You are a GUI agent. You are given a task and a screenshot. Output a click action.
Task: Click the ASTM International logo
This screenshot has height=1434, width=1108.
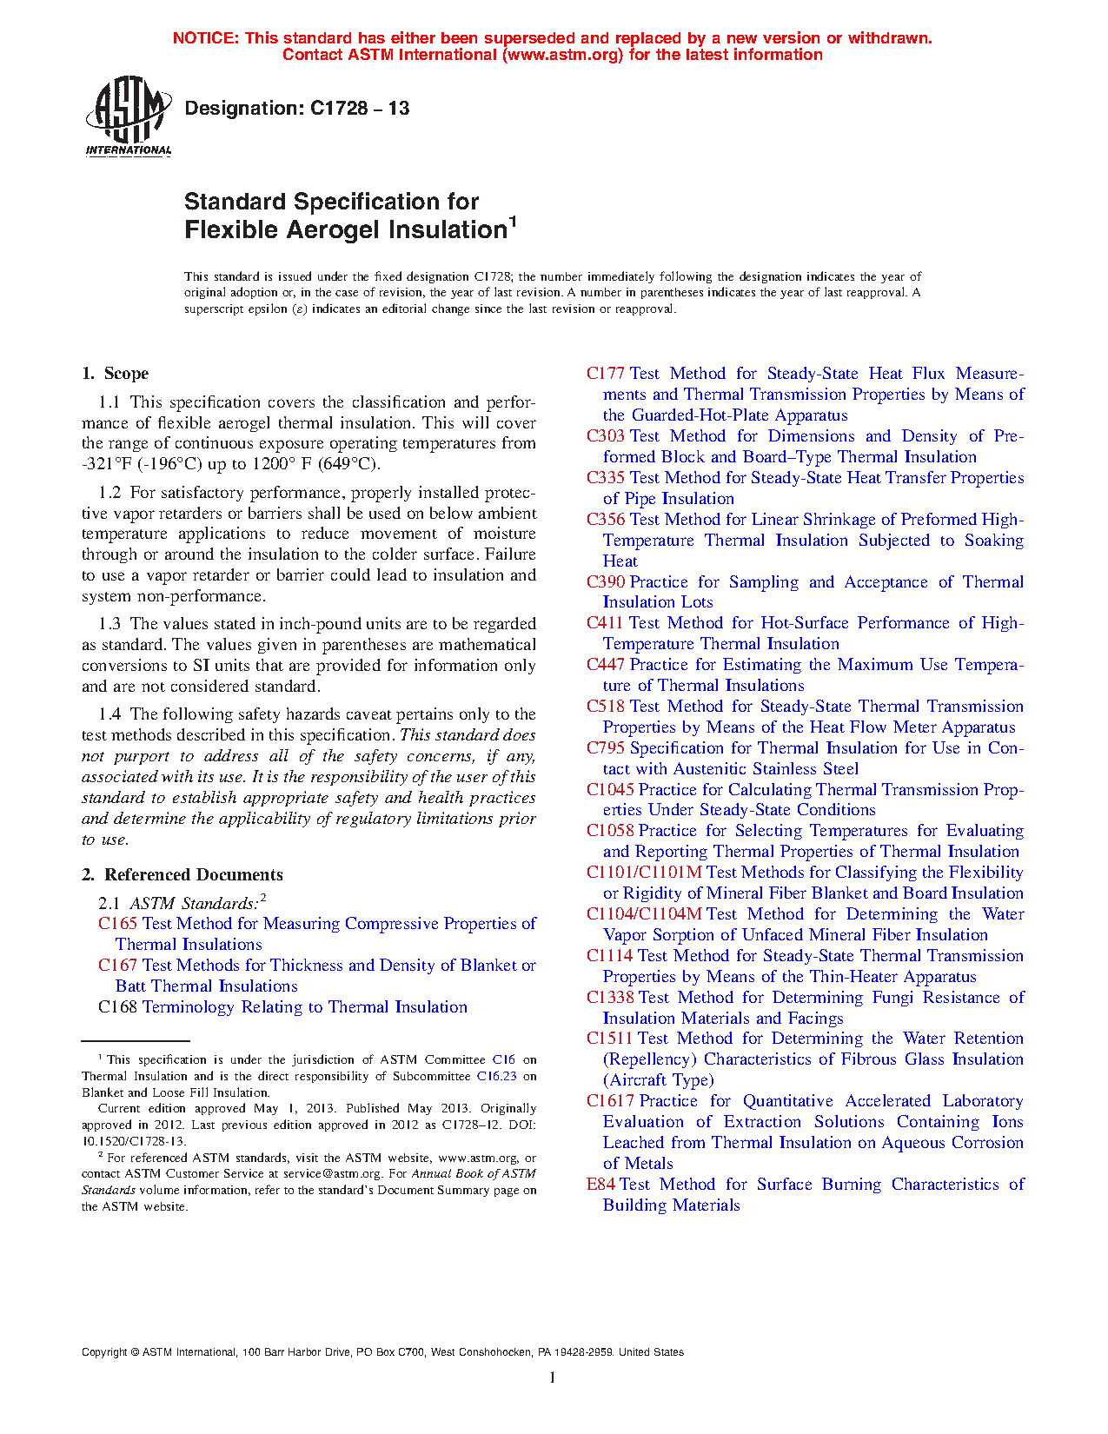pyautogui.click(x=128, y=116)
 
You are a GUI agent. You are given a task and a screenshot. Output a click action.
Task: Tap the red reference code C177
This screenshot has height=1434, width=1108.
pyautogui.click(x=605, y=374)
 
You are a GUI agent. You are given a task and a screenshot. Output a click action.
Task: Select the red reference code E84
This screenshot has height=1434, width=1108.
pyautogui.click(x=600, y=1185)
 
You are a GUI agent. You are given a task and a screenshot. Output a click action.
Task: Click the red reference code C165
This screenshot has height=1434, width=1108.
pyautogui.click(x=117, y=924)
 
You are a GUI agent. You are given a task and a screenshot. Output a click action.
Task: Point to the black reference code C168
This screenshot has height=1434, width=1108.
pyautogui.click(x=117, y=1007)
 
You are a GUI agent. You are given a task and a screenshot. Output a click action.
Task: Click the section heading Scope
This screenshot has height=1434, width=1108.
pyautogui.click(x=126, y=374)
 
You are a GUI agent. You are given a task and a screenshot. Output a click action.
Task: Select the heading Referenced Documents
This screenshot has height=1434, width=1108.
pyautogui.click(x=194, y=875)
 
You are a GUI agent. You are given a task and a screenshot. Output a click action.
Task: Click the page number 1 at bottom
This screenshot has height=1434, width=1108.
pyautogui.click(x=552, y=1378)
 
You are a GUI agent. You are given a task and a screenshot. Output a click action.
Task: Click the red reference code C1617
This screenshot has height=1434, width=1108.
pyautogui.click(x=610, y=1101)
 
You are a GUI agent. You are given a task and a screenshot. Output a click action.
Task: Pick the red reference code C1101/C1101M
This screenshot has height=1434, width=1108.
pyautogui.click(x=643, y=873)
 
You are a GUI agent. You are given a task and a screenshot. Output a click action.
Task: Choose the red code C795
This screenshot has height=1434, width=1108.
pyautogui.click(x=605, y=748)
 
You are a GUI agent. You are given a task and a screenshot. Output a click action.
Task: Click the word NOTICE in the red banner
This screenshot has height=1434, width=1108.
pyautogui.click(x=205, y=38)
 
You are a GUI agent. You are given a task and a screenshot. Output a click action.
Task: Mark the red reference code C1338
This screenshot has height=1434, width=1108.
pyautogui.click(x=610, y=998)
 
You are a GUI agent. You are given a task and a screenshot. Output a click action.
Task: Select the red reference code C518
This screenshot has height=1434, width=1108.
pyautogui.click(x=605, y=707)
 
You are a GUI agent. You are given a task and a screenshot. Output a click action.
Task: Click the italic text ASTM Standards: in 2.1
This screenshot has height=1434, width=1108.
pyautogui.click(x=194, y=904)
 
